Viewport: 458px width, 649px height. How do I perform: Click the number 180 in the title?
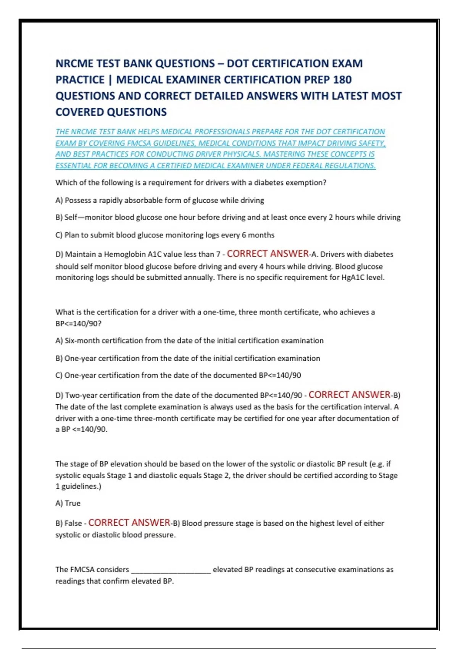click(x=342, y=80)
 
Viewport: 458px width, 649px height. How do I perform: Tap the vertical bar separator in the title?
click(x=110, y=80)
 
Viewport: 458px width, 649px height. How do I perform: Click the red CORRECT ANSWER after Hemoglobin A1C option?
click(x=268, y=254)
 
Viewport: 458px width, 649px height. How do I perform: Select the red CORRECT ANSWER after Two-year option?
click(x=349, y=395)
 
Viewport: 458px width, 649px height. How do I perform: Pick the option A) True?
click(x=68, y=504)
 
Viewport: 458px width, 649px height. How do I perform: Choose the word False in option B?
click(x=73, y=523)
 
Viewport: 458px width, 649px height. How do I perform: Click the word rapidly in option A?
click(x=111, y=200)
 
